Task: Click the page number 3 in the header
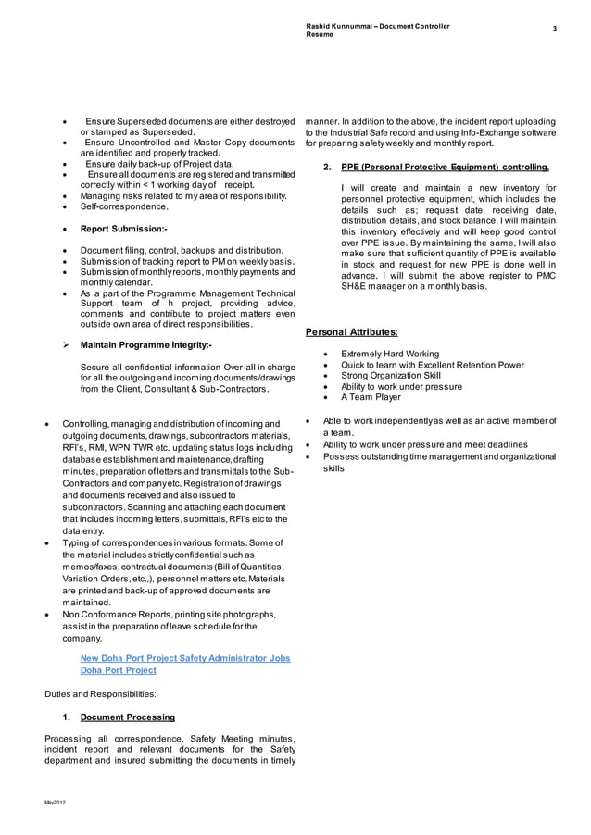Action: pyautogui.click(x=554, y=31)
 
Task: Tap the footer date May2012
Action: pyautogui.click(x=55, y=801)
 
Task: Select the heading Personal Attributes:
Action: pyautogui.click(x=352, y=331)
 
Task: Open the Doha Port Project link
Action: pyautogui.click(x=118, y=670)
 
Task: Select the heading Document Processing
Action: pyautogui.click(x=128, y=717)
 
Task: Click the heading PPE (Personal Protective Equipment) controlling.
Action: pyautogui.click(x=445, y=168)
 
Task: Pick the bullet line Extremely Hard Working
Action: pyautogui.click(x=389, y=354)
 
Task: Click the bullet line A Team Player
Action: pyautogui.click(x=371, y=397)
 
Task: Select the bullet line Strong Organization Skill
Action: pyautogui.click(x=391, y=376)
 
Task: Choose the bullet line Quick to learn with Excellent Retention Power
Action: pyautogui.click(x=432, y=365)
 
